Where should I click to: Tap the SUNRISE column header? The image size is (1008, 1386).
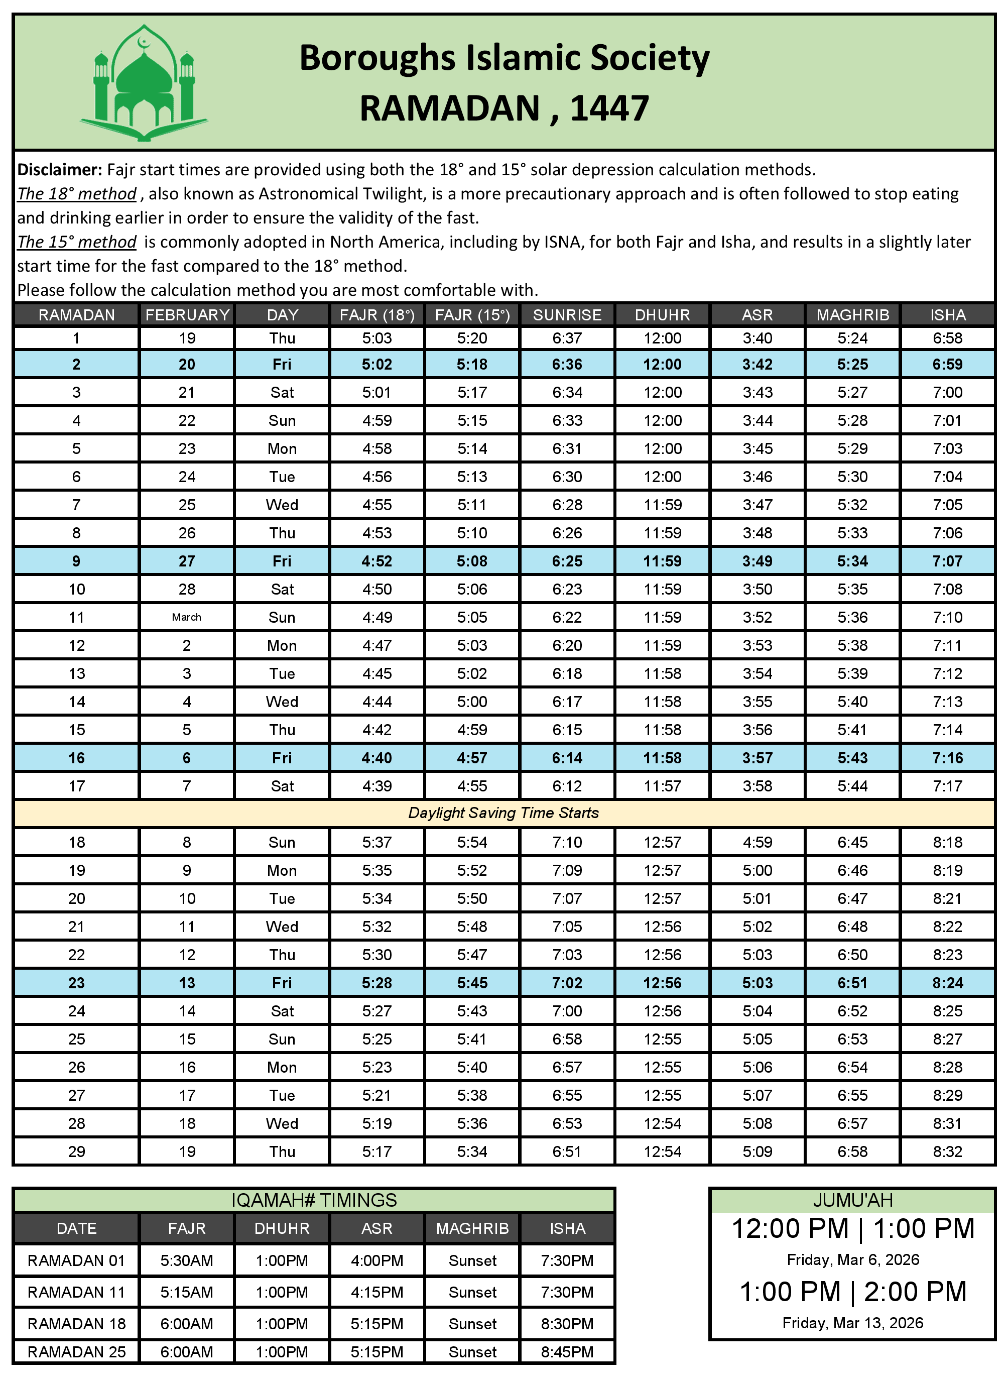click(567, 315)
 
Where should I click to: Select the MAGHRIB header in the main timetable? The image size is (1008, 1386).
click(852, 315)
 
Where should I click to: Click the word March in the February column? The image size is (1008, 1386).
click(186, 617)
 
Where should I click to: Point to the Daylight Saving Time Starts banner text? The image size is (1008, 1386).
click(503, 813)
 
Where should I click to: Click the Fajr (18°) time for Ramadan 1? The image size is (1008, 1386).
click(376, 338)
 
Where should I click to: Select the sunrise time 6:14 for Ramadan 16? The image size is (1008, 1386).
click(567, 758)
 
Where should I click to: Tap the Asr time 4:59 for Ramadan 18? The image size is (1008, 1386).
click(757, 842)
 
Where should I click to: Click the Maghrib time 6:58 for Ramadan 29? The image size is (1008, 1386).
click(852, 1151)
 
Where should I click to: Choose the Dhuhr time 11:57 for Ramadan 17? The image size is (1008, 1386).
click(662, 786)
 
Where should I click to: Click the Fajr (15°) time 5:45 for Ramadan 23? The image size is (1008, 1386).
click(472, 983)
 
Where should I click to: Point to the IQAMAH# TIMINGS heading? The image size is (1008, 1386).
click(314, 1200)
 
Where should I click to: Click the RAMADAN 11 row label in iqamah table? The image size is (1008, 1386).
click(76, 1293)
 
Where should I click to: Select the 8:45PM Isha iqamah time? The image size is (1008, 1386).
click(567, 1352)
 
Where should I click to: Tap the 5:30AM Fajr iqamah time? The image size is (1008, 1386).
click(186, 1261)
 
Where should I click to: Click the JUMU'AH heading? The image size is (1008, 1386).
click(852, 1200)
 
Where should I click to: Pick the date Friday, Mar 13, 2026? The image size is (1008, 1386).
click(852, 1323)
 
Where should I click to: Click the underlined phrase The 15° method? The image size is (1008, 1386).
click(76, 242)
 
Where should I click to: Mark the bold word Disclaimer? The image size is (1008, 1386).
click(59, 169)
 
